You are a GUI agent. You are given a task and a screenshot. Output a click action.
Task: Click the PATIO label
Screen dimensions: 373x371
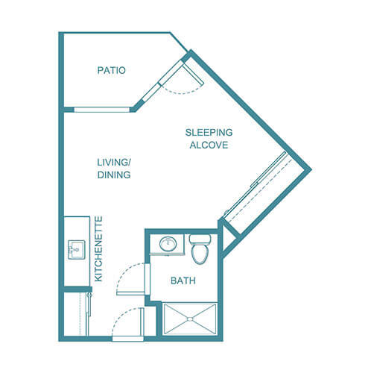tap(111, 71)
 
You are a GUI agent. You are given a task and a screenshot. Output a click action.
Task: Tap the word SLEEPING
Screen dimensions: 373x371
tap(209, 133)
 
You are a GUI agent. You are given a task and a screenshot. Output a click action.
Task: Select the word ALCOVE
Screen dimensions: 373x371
tap(209, 145)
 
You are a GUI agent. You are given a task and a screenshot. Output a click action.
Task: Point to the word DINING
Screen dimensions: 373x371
tap(114, 175)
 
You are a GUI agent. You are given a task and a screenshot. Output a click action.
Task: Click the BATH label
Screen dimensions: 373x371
tap(183, 280)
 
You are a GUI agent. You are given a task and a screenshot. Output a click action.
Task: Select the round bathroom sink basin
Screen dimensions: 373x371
tap(169, 243)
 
